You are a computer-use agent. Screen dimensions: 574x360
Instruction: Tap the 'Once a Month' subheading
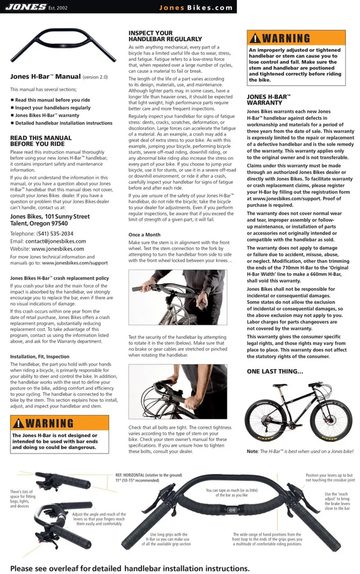pos(144,235)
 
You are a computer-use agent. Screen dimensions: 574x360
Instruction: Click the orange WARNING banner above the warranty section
pos(296,38)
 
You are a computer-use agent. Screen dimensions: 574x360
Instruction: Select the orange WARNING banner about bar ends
pos(59,423)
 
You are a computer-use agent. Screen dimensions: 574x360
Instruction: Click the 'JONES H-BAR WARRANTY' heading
pos(269,99)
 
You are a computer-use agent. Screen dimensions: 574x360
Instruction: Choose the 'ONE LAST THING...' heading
pos(275,371)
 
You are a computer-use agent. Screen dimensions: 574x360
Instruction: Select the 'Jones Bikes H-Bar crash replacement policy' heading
pos(59,278)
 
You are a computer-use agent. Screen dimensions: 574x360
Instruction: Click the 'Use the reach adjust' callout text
pos(337,501)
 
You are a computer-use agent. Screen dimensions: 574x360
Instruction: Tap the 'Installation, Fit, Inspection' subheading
pos(40,357)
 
